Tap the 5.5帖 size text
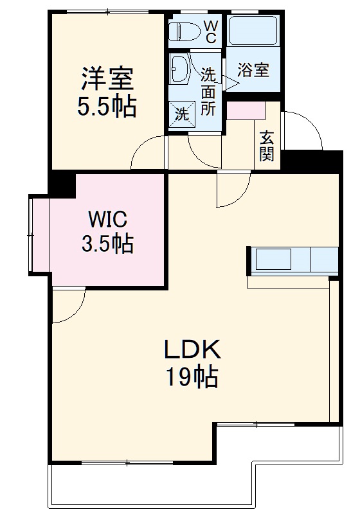(x=107, y=106)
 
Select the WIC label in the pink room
(x=107, y=218)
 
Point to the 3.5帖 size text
(x=107, y=244)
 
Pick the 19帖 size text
(x=192, y=377)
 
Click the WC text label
(x=210, y=30)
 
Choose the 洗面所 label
(x=208, y=91)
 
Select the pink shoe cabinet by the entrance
(x=246, y=110)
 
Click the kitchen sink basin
(x=273, y=260)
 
